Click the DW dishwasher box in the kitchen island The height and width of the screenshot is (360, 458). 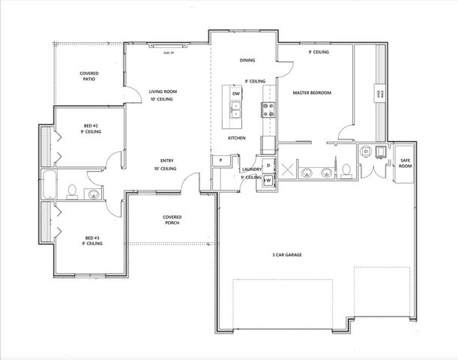click(236, 94)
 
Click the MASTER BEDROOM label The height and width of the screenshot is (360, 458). click(311, 93)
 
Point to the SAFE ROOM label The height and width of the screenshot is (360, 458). click(405, 163)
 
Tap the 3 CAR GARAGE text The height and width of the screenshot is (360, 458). click(286, 255)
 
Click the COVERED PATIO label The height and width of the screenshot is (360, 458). click(90, 76)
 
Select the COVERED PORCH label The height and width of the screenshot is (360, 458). click(172, 220)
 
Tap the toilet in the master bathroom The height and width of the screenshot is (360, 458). click(349, 171)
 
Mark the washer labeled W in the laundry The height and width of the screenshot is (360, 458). click(267, 181)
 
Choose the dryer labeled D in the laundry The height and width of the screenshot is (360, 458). click(268, 165)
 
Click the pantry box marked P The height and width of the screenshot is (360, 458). click(221, 160)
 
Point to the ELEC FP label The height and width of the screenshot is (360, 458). click(168, 54)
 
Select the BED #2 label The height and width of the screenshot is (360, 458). click(92, 128)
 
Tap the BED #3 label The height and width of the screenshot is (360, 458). click(92, 241)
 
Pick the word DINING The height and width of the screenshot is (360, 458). click(247, 60)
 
